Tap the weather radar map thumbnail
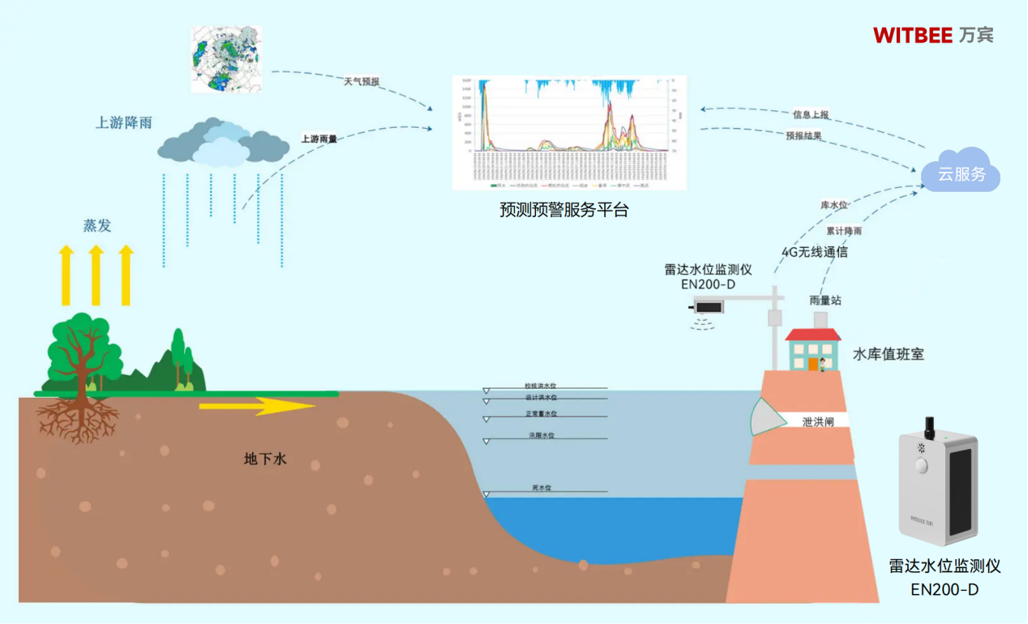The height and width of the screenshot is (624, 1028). [226, 59]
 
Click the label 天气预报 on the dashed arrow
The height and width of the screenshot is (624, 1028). [362, 82]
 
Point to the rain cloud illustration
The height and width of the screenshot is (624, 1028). [223, 143]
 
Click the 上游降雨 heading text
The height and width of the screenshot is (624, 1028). [124, 123]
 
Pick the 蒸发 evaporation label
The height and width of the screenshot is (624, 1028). [97, 226]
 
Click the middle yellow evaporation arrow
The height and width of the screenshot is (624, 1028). [96, 276]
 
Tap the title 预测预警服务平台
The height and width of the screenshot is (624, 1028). [564, 211]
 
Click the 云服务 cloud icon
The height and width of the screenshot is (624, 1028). [962, 173]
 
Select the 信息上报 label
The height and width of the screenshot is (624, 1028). [811, 115]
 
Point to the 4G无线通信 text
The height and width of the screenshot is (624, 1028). [815, 252]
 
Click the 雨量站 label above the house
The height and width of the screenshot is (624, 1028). [825, 301]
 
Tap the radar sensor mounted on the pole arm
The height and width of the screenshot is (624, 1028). [710, 306]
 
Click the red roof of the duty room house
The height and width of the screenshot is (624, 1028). [813, 335]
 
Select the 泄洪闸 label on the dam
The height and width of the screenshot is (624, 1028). [818, 421]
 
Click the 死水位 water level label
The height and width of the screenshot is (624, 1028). [542, 488]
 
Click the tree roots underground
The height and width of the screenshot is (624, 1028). [77, 419]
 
